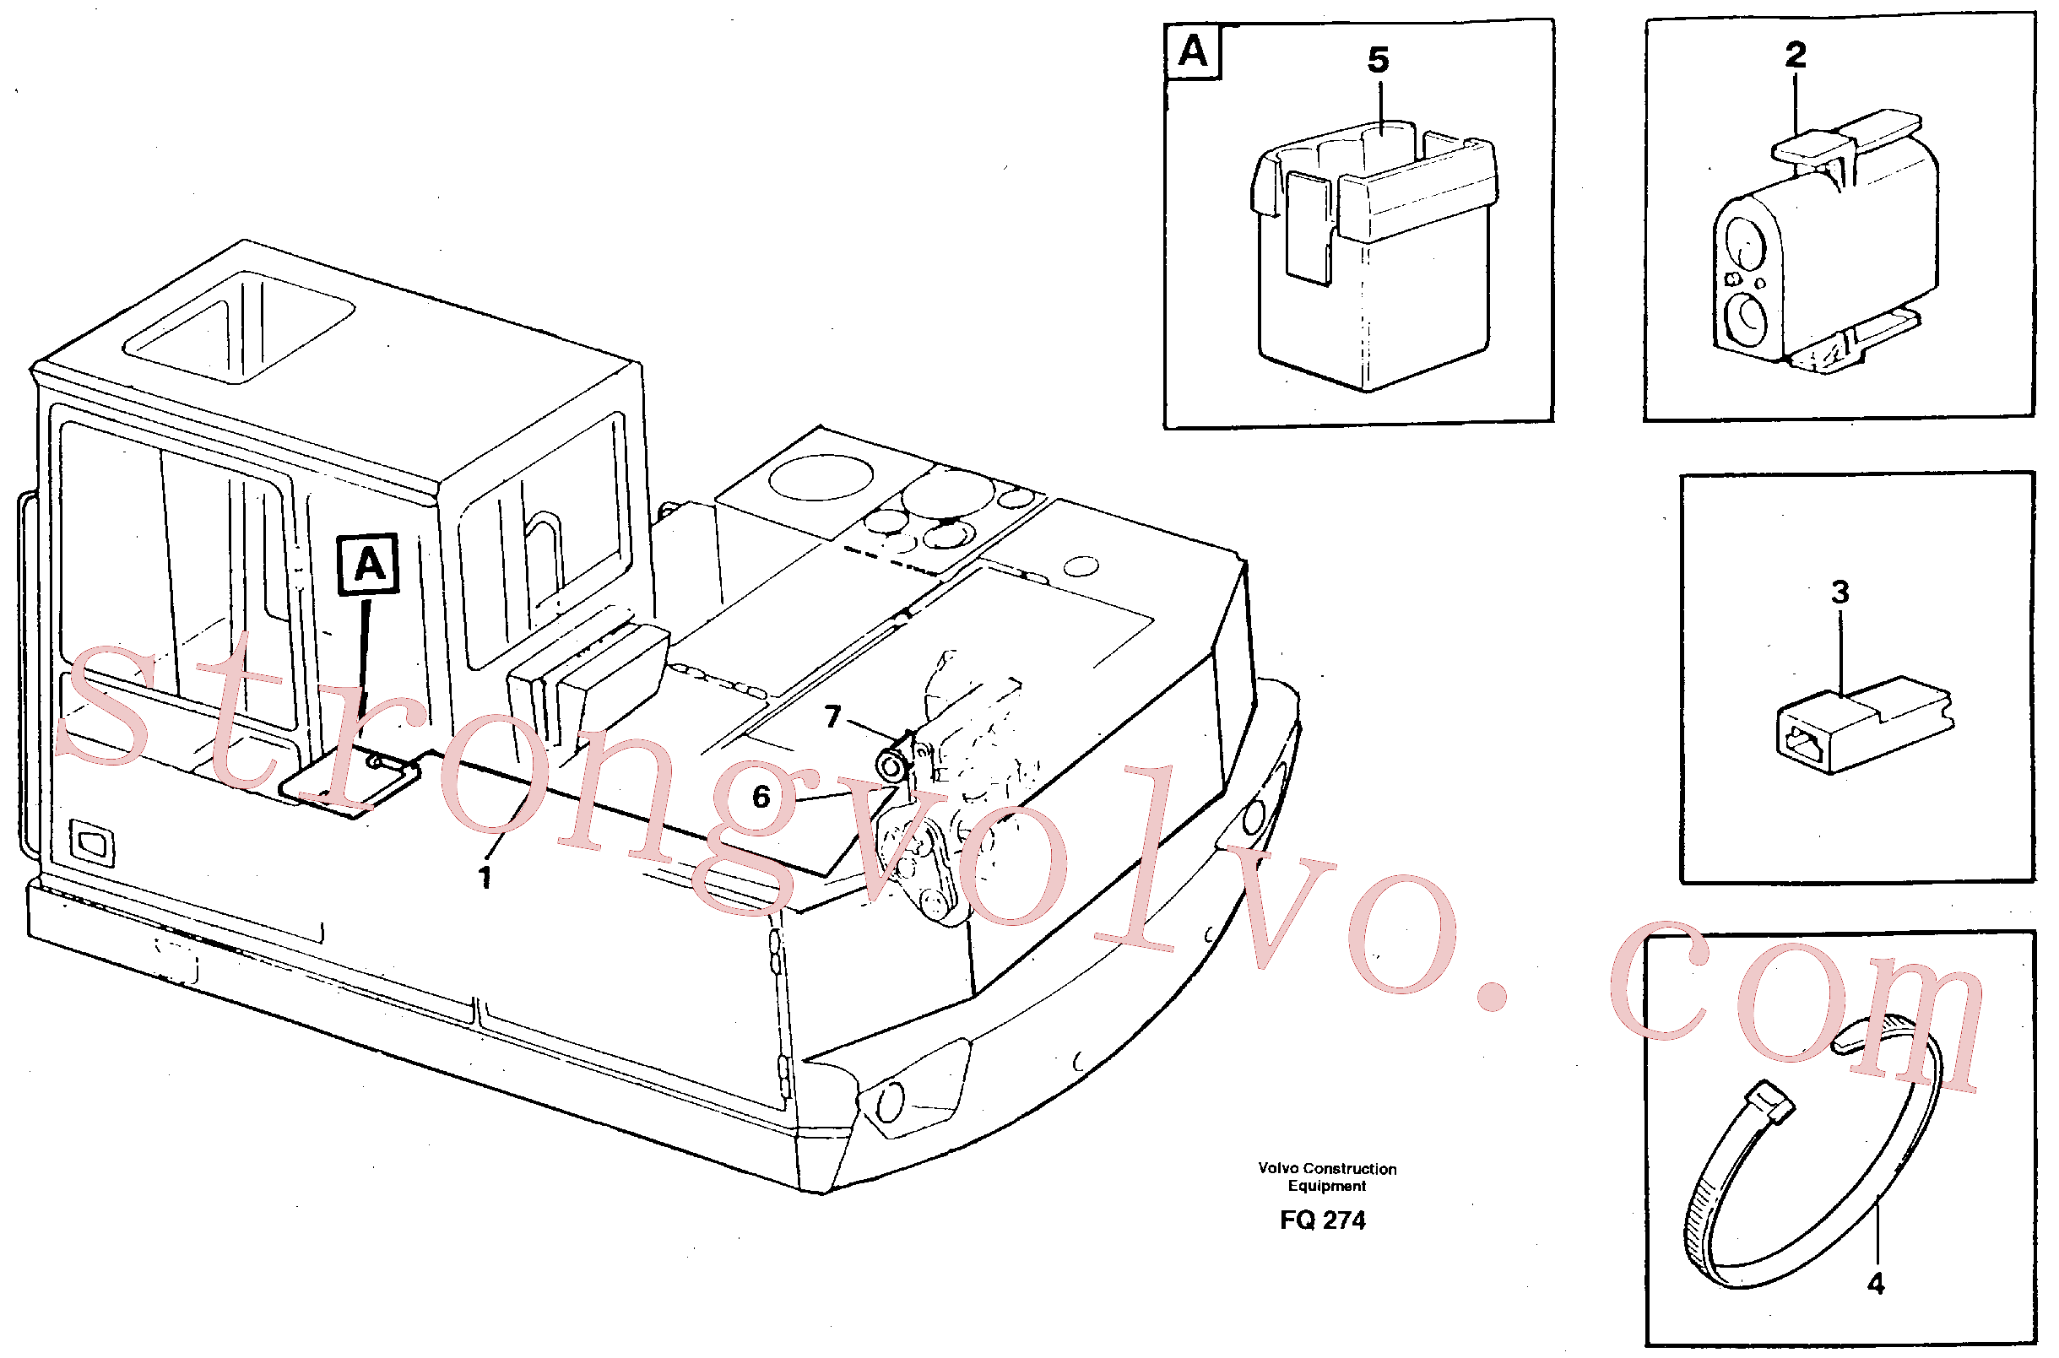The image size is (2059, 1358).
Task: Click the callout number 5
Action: click(1378, 60)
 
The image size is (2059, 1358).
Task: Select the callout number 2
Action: click(1796, 55)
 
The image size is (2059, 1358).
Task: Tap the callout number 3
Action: click(1840, 592)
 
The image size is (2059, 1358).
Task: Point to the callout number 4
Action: click(1875, 1284)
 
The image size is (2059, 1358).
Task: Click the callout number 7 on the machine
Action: click(832, 717)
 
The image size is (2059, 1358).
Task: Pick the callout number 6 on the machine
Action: click(761, 797)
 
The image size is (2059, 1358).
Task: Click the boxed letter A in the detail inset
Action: click(1193, 52)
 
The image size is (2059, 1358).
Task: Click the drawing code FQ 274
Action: click(1323, 1220)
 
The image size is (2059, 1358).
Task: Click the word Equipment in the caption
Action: click(1326, 1186)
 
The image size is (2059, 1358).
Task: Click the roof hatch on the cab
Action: click(238, 327)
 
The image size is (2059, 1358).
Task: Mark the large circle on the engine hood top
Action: click(821, 477)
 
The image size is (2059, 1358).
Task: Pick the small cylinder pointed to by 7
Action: click(890, 765)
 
